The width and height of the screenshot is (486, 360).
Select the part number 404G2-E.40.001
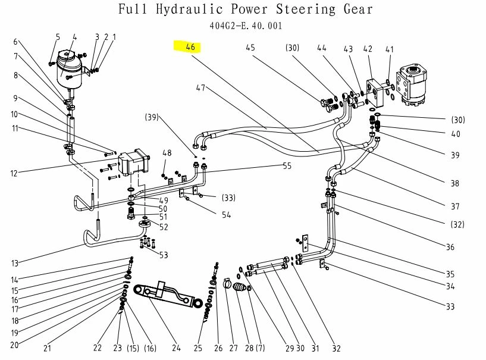(x=246, y=26)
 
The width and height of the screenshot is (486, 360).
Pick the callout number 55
(x=287, y=166)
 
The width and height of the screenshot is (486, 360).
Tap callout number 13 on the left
(x=15, y=263)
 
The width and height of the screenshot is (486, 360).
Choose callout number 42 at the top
(x=368, y=49)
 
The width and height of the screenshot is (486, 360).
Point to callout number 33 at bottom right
(x=450, y=306)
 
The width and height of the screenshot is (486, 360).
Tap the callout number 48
(x=167, y=153)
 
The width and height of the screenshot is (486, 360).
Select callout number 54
(x=227, y=215)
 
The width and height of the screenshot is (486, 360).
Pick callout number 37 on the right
(x=454, y=207)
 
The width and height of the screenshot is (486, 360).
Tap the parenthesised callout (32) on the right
(x=457, y=224)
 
